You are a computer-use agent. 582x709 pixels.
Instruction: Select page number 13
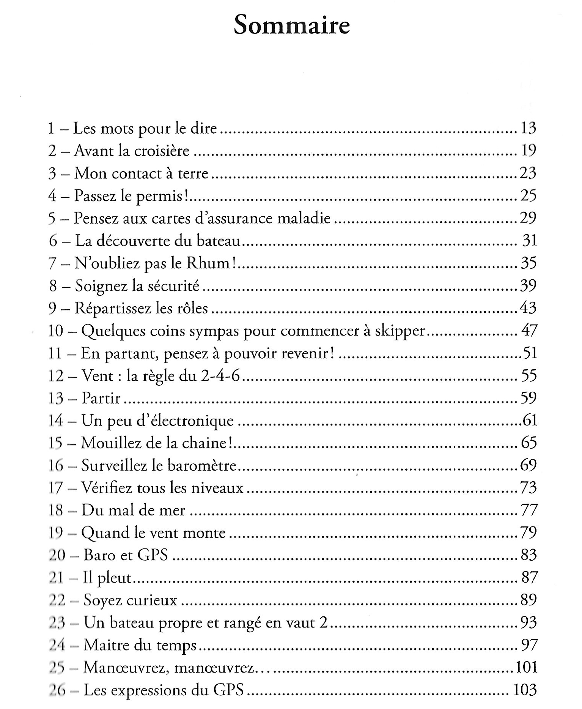(x=528, y=128)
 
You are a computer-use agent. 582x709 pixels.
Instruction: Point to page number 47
(x=529, y=331)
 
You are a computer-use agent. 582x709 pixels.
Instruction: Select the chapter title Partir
(x=101, y=398)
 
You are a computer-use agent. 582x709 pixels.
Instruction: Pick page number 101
(x=526, y=667)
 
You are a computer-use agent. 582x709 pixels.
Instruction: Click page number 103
(x=525, y=689)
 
